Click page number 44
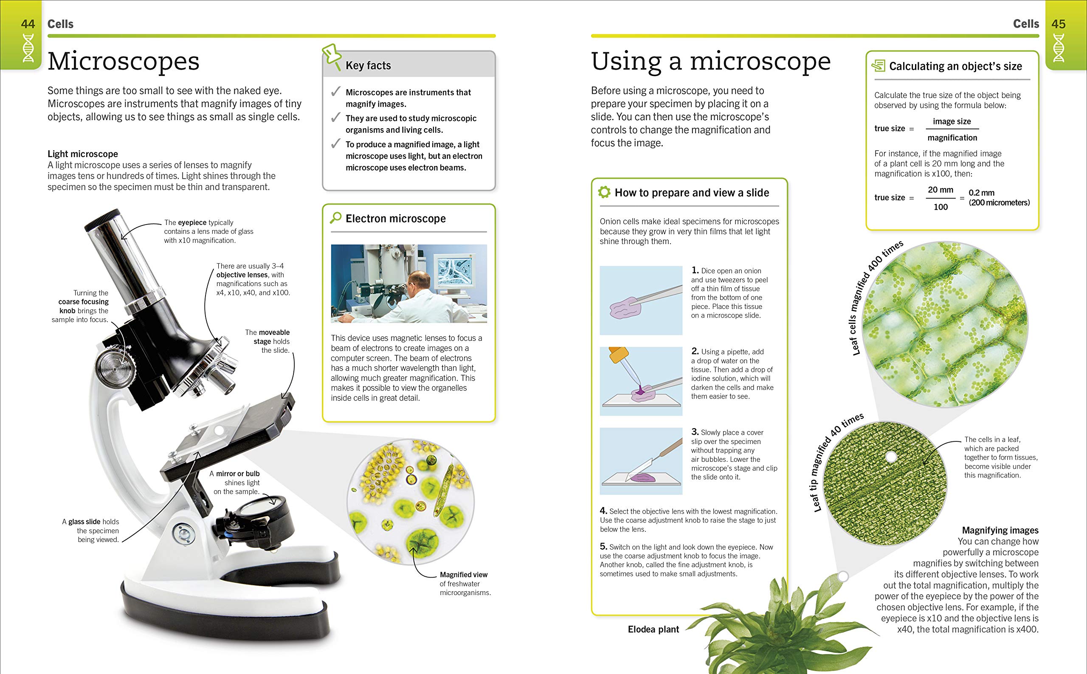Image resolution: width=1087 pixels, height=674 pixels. point(28,24)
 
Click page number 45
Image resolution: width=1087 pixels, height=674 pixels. point(1059,24)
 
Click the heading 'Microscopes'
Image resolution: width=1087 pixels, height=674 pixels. point(124,62)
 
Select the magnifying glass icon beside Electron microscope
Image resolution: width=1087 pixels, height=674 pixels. point(335,218)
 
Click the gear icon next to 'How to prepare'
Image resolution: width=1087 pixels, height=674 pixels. point(604,193)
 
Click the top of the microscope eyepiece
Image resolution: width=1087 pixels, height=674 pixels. point(103,221)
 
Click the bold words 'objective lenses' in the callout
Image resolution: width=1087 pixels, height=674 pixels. point(242,275)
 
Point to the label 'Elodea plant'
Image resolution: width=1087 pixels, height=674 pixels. point(653,629)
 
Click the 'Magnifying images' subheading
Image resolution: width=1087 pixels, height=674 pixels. point(1000,531)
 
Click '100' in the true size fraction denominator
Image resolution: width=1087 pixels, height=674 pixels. point(941,207)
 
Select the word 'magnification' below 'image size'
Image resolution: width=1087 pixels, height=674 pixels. point(952,138)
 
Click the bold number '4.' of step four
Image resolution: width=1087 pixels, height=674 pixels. point(604,511)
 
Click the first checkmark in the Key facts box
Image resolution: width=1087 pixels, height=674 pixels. point(335,92)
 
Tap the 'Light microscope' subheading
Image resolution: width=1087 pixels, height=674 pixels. point(83,154)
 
